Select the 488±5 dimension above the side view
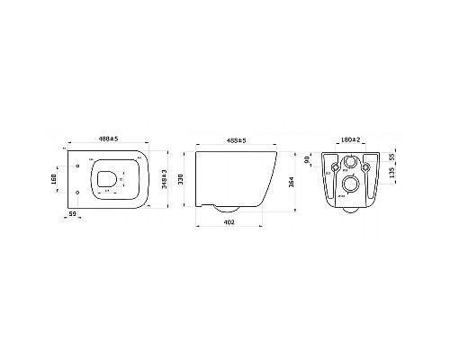[x=233, y=140]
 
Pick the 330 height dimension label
[x=181, y=179]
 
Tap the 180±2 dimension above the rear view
[x=350, y=140]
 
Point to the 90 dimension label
[x=308, y=160]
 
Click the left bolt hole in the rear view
[x=334, y=166]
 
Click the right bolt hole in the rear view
[x=366, y=166]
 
